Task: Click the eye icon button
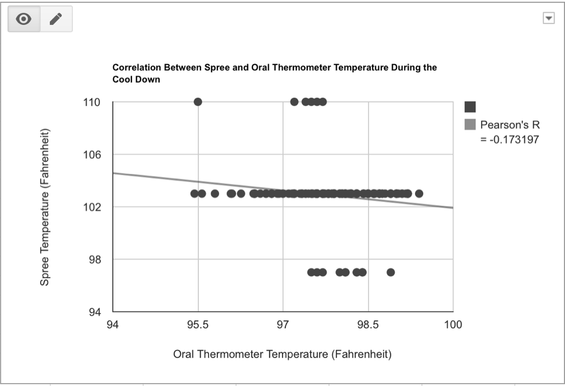pyautogui.click(x=24, y=19)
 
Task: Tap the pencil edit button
pyautogui.click(x=56, y=19)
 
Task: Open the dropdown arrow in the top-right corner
pyautogui.click(x=548, y=19)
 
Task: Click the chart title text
pyautogui.click(x=274, y=73)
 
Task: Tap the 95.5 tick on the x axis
pyautogui.click(x=198, y=325)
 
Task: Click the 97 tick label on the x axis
pyautogui.click(x=283, y=325)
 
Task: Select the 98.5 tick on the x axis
pyautogui.click(x=368, y=325)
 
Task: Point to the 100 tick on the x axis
pyautogui.click(x=453, y=325)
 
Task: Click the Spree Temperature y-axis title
pyautogui.click(x=45, y=207)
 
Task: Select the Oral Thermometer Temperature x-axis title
pyautogui.click(x=282, y=355)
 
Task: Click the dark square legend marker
pyautogui.click(x=470, y=107)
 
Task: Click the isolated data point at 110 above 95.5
pyautogui.click(x=198, y=102)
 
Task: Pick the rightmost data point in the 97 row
pyautogui.click(x=391, y=272)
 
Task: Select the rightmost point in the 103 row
pyautogui.click(x=419, y=193)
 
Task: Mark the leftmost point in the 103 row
pyautogui.click(x=194, y=193)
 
